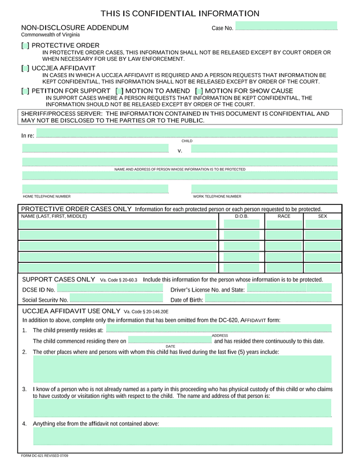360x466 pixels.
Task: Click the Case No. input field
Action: click(x=286, y=26)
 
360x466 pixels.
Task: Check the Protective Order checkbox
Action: click(x=25, y=46)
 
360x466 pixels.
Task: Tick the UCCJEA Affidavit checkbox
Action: click(x=25, y=68)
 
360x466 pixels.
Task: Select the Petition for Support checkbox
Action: click(x=25, y=91)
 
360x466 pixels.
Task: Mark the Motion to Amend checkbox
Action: click(x=119, y=91)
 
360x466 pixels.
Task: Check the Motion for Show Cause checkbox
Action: click(x=199, y=91)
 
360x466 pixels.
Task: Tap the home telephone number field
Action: click(x=95, y=189)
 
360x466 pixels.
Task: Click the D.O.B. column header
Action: click(x=242, y=216)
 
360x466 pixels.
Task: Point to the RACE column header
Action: click(x=284, y=216)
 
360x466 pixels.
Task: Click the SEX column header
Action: click(x=322, y=216)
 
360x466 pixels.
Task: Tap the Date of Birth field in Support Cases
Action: click(x=268, y=299)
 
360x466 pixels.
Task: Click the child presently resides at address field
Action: click(x=219, y=329)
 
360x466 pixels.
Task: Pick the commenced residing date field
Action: click(x=170, y=340)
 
